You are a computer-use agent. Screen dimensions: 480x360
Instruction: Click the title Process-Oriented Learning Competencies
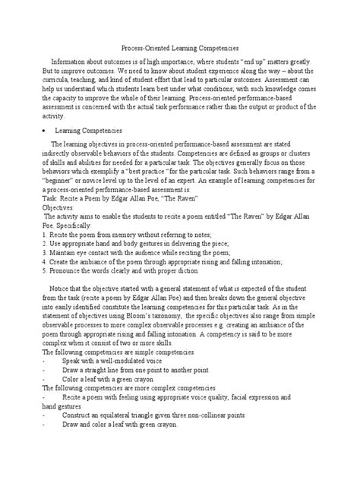point(180,46)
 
